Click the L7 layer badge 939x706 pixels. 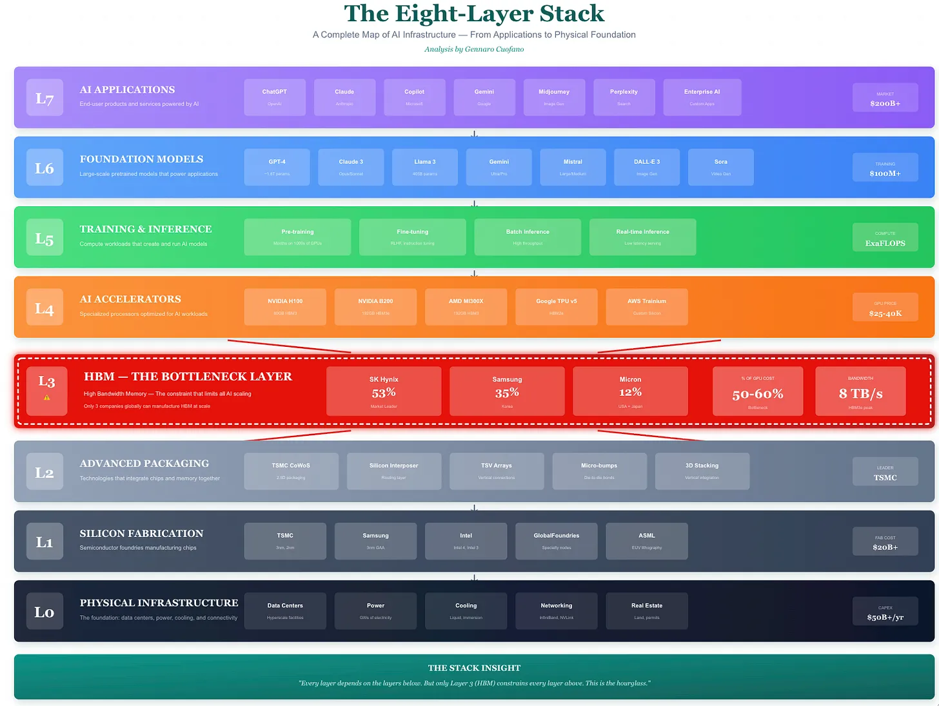[x=44, y=97]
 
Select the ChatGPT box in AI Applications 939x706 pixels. [x=275, y=97]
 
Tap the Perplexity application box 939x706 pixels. [x=624, y=97]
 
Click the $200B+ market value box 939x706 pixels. [x=885, y=97]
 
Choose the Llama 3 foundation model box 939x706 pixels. [x=424, y=167]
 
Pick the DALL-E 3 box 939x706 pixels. [x=647, y=167]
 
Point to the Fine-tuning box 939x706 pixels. [x=412, y=237]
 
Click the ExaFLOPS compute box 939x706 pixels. [x=885, y=237]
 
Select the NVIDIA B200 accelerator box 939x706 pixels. [x=375, y=306]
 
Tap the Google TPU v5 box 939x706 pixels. [x=556, y=306]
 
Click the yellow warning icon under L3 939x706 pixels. [x=46, y=398]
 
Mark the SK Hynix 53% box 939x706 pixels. [x=384, y=391]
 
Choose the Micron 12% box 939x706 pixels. [x=630, y=391]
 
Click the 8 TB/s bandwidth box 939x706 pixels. [x=860, y=391]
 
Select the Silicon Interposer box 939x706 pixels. [x=393, y=471]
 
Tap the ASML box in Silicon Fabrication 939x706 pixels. [x=646, y=541]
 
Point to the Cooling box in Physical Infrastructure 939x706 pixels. [x=466, y=611]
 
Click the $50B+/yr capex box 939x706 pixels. [x=885, y=611]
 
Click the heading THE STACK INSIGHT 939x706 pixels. [x=474, y=668]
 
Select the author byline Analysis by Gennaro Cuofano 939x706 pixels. [x=474, y=49]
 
